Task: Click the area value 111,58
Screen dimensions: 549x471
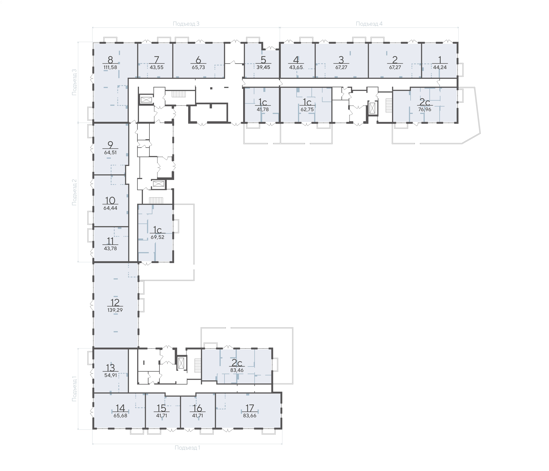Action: (110, 67)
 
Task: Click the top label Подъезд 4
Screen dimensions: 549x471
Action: (369, 24)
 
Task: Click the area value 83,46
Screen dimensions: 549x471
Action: (237, 370)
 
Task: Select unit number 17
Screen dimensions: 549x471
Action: (250, 408)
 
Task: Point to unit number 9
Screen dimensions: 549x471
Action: (110, 145)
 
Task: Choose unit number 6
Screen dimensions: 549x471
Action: (198, 60)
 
